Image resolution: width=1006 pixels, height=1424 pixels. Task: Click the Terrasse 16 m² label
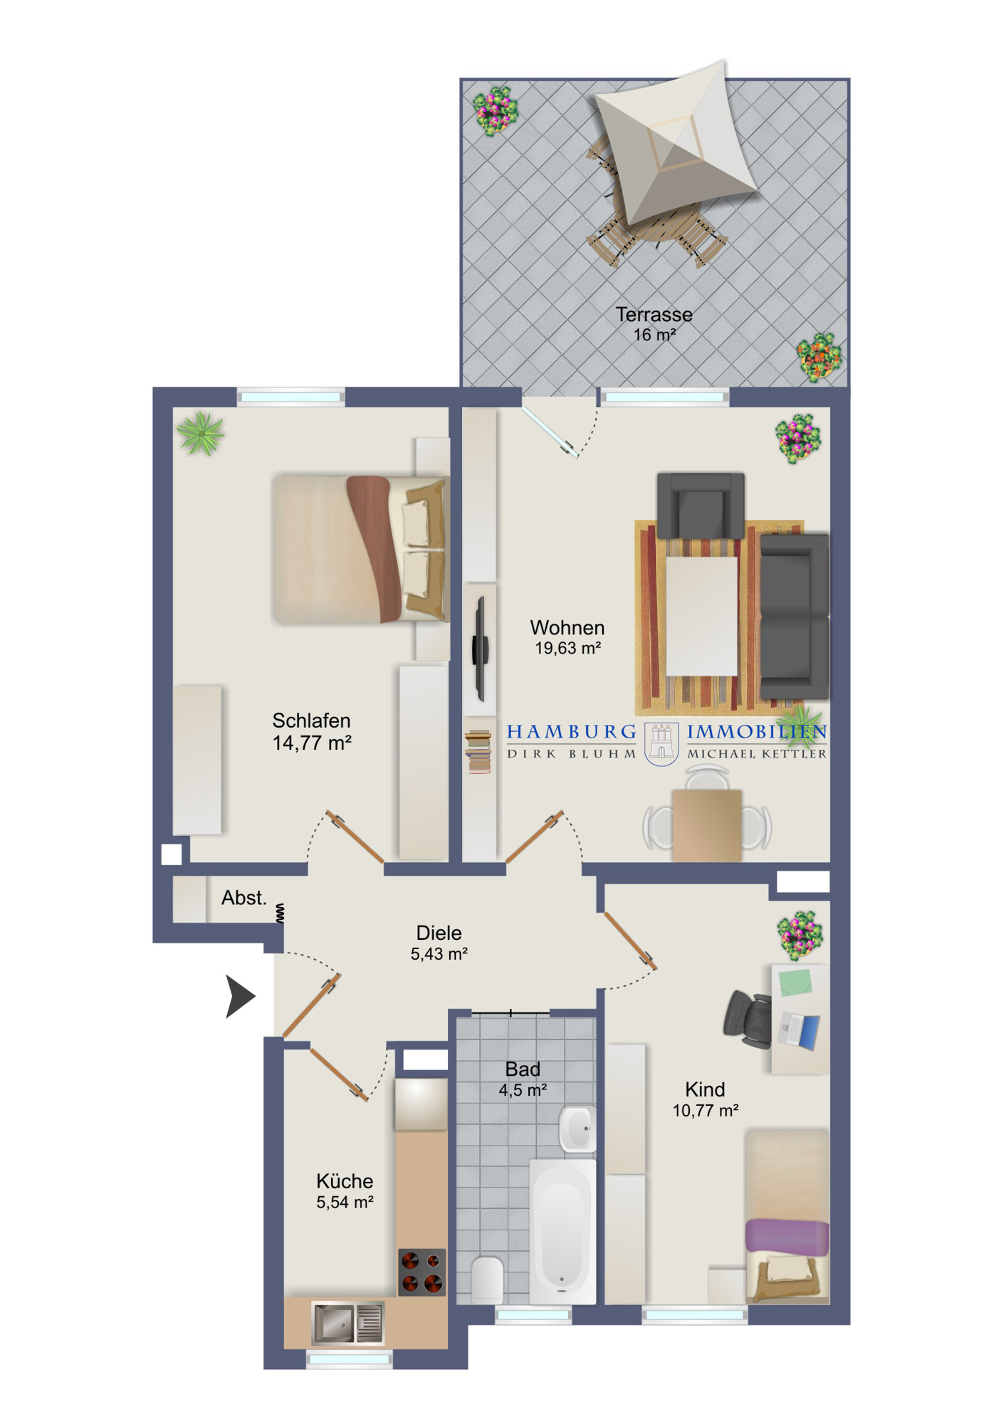tap(654, 324)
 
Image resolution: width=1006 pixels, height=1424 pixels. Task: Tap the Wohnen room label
tap(567, 637)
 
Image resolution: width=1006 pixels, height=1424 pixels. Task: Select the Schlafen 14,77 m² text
tap(312, 731)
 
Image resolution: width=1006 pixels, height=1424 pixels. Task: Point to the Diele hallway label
tap(439, 943)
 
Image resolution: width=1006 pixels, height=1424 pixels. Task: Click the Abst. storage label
tap(244, 898)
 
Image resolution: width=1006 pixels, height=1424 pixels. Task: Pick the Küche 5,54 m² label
tap(345, 1191)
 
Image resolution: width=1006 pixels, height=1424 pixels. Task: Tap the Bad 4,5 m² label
tap(523, 1079)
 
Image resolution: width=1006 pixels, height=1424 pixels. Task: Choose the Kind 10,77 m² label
tap(705, 1099)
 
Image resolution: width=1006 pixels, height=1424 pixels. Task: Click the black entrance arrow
tap(239, 996)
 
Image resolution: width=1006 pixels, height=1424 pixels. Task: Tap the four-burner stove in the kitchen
tap(421, 1272)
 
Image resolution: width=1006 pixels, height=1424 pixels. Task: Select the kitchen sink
tap(348, 1322)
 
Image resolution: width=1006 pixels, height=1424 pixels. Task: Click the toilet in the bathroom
tap(488, 1279)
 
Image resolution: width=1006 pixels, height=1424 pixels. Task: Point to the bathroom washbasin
tap(577, 1129)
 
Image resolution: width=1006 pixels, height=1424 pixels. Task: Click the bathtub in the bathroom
tap(562, 1231)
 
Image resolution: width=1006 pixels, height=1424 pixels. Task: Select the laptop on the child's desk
tap(800, 1030)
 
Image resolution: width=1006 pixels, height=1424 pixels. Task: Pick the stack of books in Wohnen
tap(478, 751)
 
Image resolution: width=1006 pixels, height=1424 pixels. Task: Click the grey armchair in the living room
tap(701, 505)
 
